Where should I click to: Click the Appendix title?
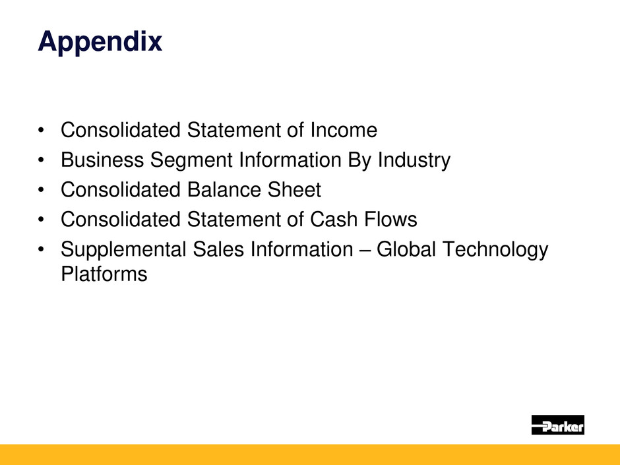[100, 42]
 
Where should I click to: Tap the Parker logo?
[557, 425]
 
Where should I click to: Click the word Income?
[344, 130]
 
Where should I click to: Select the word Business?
[102, 160]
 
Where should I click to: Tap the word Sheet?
[295, 189]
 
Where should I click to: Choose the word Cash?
[334, 219]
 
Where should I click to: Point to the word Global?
[406, 249]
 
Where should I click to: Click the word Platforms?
[104, 274]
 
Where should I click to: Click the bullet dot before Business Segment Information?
[41, 160]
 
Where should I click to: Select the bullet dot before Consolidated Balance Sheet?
[41, 190]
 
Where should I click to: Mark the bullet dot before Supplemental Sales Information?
[41, 250]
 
